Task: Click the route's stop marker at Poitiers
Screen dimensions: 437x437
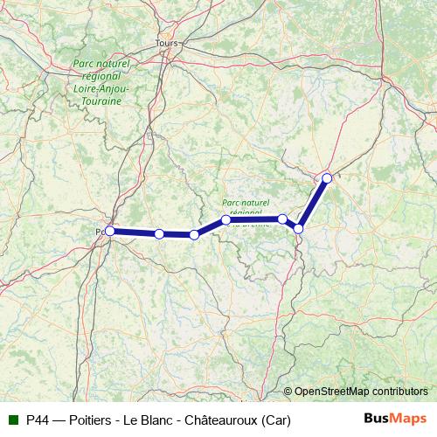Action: pos(109,231)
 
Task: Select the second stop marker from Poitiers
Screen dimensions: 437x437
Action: pos(159,233)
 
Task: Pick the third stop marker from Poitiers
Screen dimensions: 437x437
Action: pos(194,234)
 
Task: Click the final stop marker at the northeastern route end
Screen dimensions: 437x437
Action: pos(327,177)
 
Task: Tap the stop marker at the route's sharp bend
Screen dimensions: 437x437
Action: pos(298,228)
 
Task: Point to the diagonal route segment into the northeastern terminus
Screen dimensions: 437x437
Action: pos(313,203)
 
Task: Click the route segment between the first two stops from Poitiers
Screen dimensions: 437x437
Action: pos(134,232)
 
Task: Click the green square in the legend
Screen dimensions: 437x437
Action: pos(13,420)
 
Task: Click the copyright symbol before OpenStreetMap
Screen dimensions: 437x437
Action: pos(288,392)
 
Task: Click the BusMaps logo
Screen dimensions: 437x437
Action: pos(395,420)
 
